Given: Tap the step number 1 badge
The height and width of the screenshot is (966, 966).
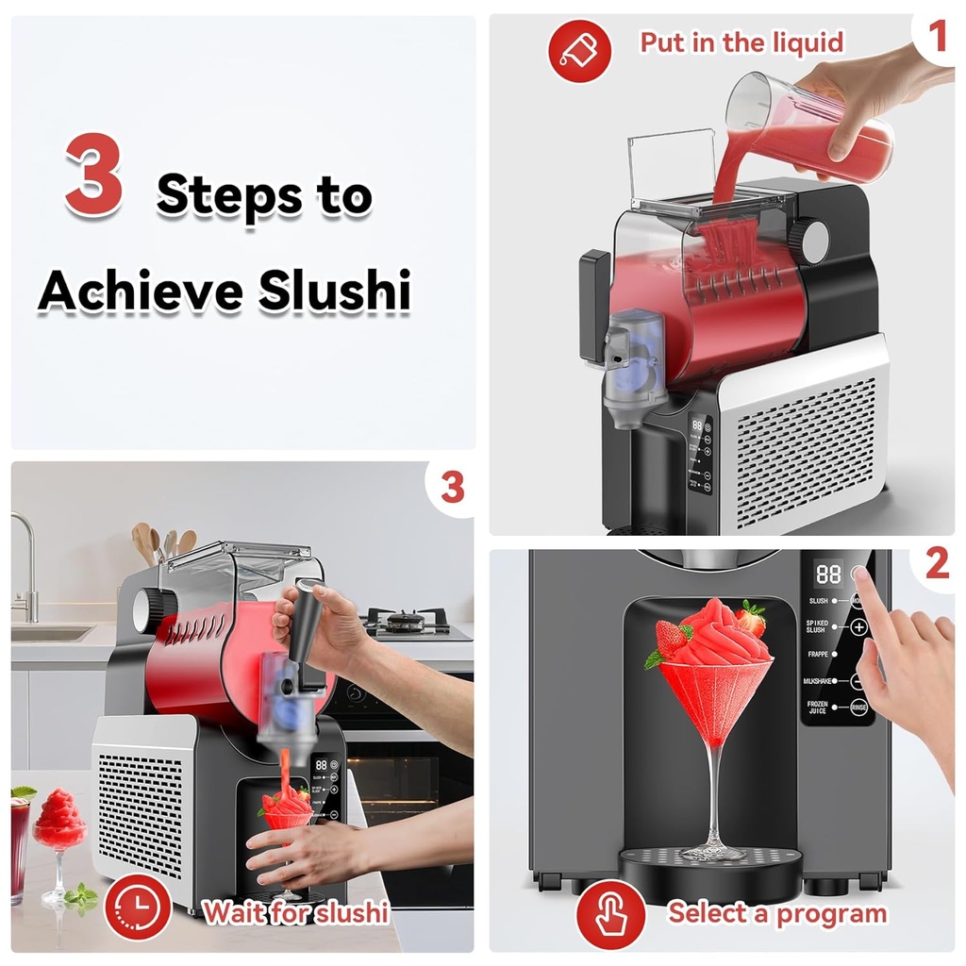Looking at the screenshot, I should tap(936, 38).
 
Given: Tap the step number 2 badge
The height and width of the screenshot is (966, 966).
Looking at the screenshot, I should tap(936, 564).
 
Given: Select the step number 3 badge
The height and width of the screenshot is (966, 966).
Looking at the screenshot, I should tap(452, 487).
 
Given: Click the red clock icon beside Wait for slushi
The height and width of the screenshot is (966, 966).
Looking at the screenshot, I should tap(138, 911).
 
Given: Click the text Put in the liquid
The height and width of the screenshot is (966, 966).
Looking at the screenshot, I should tap(741, 43).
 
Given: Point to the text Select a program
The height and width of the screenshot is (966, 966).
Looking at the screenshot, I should tap(777, 913).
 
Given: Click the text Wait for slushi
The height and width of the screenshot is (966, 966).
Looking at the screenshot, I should tap(296, 912).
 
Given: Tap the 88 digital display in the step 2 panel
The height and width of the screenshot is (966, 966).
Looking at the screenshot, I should tap(828, 575).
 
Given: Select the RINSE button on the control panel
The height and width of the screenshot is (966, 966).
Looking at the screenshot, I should tap(858, 708).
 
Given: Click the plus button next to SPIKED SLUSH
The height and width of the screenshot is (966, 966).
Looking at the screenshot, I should tap(858, 626).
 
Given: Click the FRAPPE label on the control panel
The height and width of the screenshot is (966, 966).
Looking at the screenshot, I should tap(817, 654).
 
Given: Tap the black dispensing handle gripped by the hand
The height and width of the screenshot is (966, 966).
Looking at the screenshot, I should tap(308, 627).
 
